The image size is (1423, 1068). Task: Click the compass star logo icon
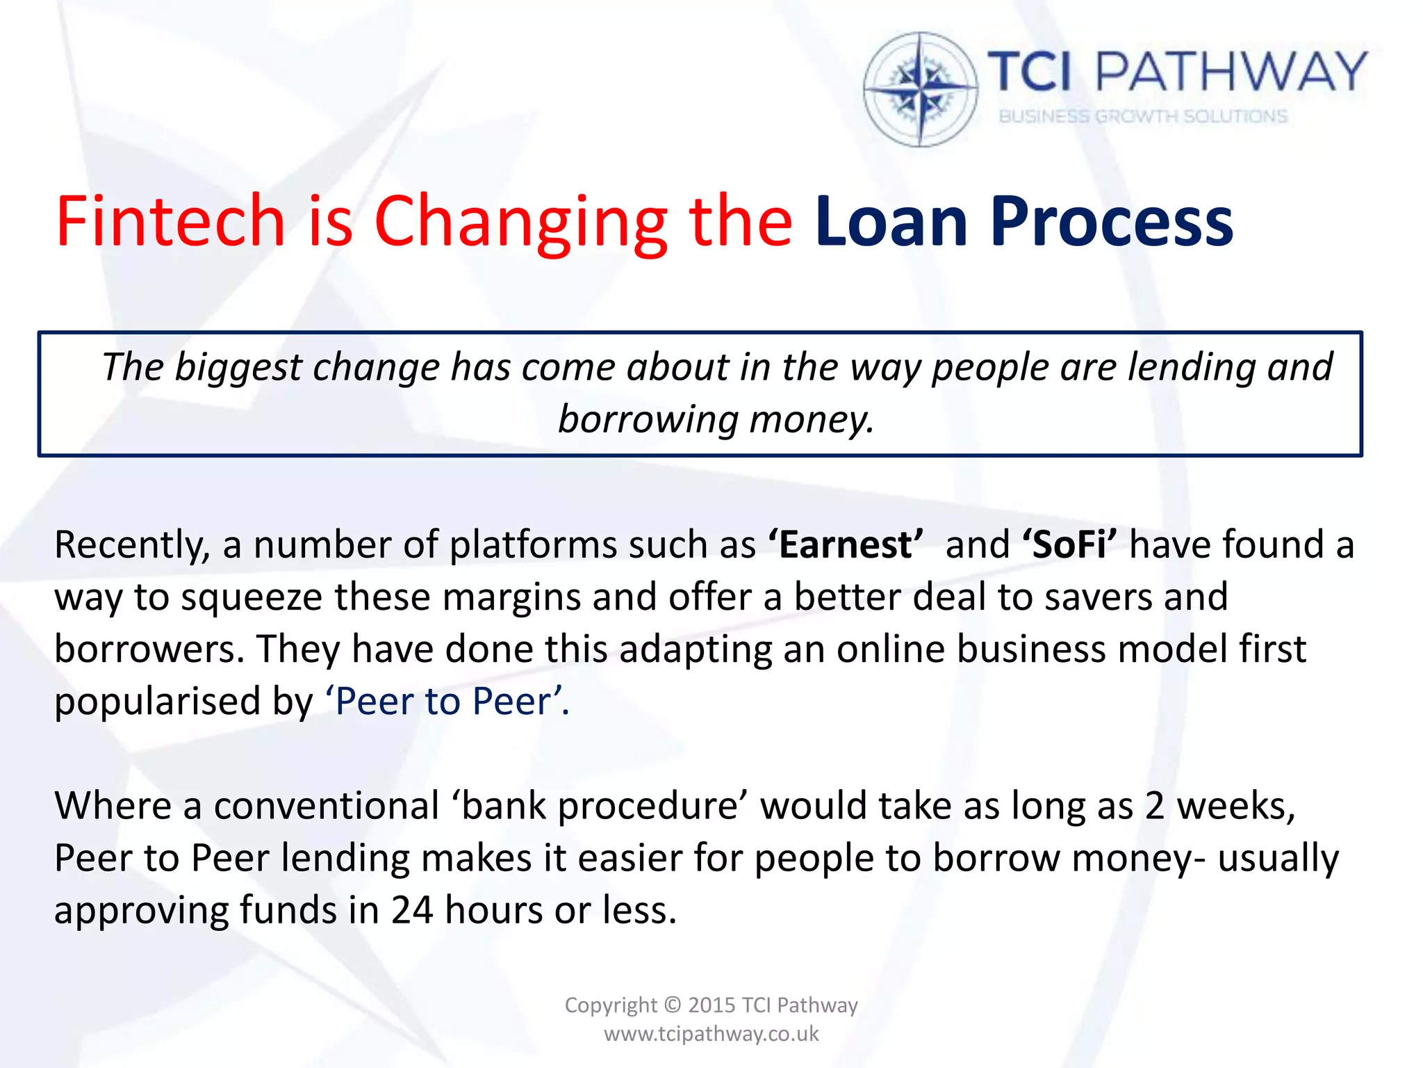921,89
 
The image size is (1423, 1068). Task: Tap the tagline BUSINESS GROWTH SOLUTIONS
1143,117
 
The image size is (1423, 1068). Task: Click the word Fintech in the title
170,221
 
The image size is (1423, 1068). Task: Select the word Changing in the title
520,221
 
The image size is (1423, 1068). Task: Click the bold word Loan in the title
891,221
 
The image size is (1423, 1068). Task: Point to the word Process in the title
1111,221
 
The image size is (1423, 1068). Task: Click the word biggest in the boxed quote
238,367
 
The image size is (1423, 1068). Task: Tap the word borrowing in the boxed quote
648,420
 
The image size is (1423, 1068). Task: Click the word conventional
326,806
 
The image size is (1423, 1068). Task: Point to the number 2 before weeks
1154,806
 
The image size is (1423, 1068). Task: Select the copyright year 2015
711,1005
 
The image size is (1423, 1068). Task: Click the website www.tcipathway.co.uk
711,1034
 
